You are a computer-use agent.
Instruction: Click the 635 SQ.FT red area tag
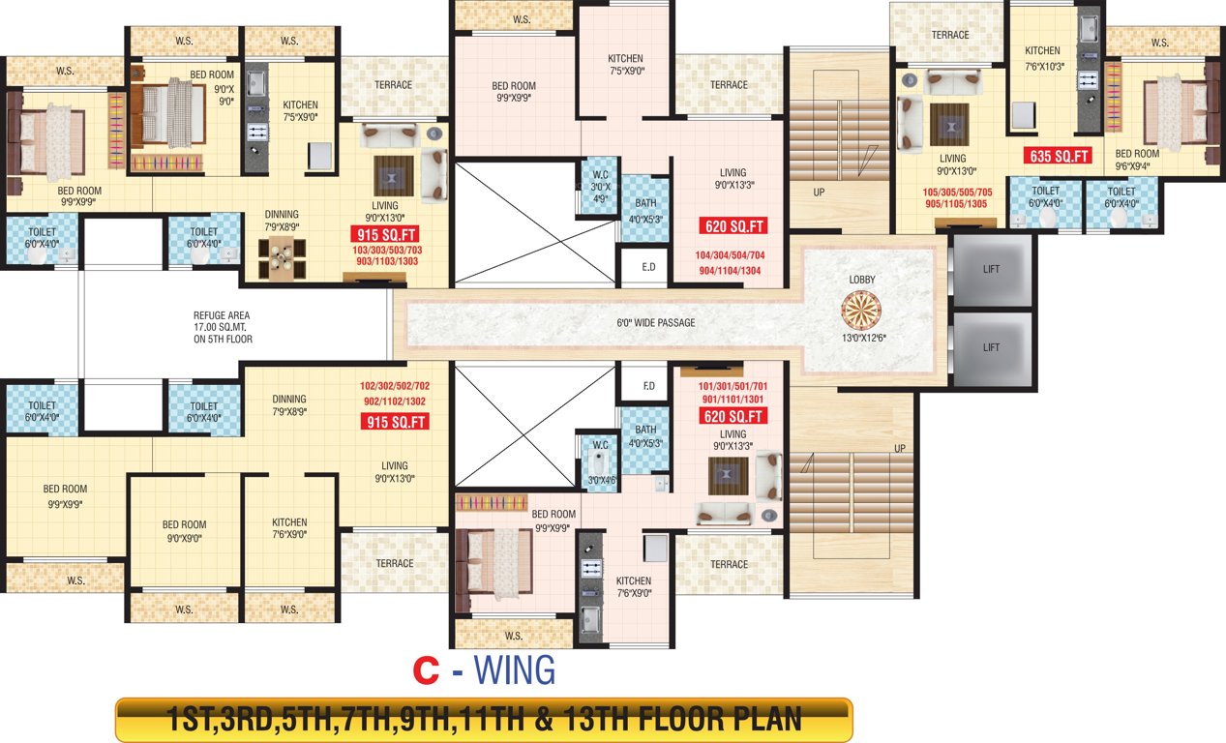(x=1057, y=156)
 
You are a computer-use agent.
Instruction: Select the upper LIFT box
(x=991, y=269)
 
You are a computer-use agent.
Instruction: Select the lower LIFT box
(x=991, y=346)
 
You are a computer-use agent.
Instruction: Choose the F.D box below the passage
(x=648, y=385)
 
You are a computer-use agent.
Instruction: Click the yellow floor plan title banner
(x=483, y=720)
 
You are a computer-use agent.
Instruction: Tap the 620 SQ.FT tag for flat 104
(x=733, y=226)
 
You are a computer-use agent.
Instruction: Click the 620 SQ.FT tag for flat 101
(x=733, y=417)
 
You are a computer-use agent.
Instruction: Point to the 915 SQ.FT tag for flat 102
(x=394, y=422)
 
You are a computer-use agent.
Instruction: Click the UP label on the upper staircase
(x=819, y=193)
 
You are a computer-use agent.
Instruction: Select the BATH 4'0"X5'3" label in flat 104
(x=645, y=210)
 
